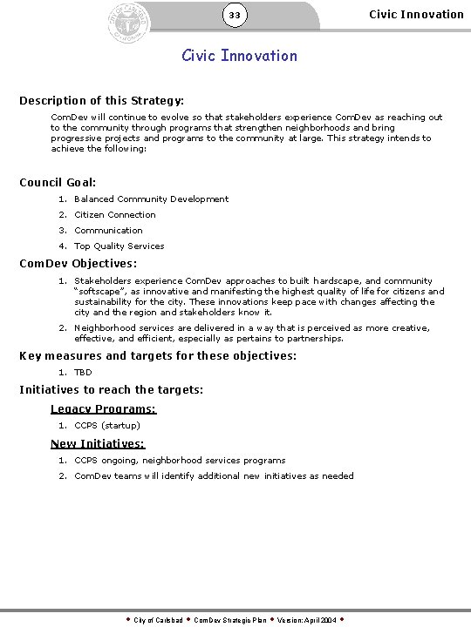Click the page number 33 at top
coord(235,16)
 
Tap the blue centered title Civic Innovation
coord(239,56)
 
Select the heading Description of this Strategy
coord(101,101)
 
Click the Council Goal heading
coord(58,183)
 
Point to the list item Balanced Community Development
coord(151,199)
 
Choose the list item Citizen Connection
coord(115,215)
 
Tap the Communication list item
coord(108,231)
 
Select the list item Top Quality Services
coord(119,246)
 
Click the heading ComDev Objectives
coord(78,263)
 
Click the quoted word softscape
coord(103,292)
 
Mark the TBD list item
coord(83,373)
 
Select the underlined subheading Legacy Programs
coord(103,409)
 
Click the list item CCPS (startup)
coord(106,426)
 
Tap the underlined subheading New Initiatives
coord(97,444)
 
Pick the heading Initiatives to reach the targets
coord(111,390)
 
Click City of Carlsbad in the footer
coord(158,620)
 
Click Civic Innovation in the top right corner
coord(416,14)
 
